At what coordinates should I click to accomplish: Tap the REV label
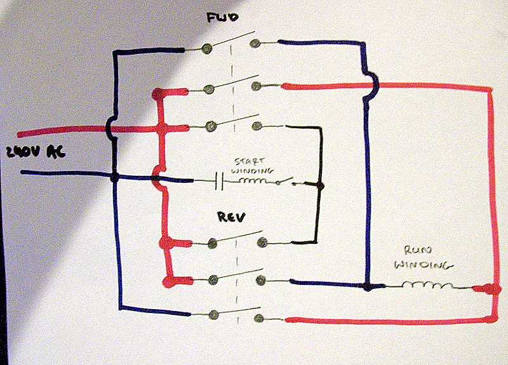point(230,218)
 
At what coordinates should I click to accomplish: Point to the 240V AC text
point(30,152)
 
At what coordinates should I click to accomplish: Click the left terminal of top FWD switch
point(207,48)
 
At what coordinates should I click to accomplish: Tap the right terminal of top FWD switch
point(255,44)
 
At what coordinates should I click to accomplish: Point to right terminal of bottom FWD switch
point(255,126)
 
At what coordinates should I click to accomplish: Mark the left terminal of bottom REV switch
point(214,314)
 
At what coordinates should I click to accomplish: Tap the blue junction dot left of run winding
point(367,287)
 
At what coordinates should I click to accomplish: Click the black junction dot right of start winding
point(319,186)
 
